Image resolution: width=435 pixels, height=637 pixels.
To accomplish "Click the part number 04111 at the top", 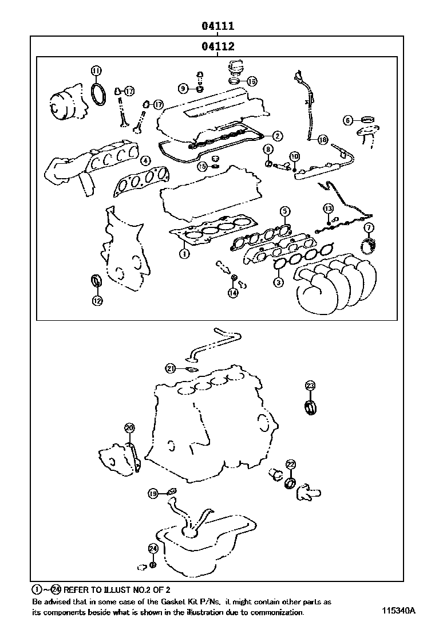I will coord(217,26).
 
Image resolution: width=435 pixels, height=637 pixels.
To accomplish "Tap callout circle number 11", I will coord(97,70).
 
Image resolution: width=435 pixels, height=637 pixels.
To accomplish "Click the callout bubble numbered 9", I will coord(183,88).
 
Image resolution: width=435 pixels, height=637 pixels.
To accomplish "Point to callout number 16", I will coord(251,81).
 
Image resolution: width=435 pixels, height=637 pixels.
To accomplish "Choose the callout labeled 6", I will coord(347,120).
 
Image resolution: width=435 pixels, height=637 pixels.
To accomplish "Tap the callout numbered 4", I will coord(145,161).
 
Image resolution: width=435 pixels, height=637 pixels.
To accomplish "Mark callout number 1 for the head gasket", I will coord(184,253).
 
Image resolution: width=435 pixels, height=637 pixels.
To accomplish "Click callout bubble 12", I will coord(97,300).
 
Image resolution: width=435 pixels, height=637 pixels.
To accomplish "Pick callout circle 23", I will coord(310,386).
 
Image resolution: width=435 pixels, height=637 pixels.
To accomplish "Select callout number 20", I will coord(129,428).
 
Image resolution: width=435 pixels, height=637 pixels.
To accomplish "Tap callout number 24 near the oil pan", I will coord(152,548).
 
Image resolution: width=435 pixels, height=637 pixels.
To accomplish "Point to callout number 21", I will coord(170,368).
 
